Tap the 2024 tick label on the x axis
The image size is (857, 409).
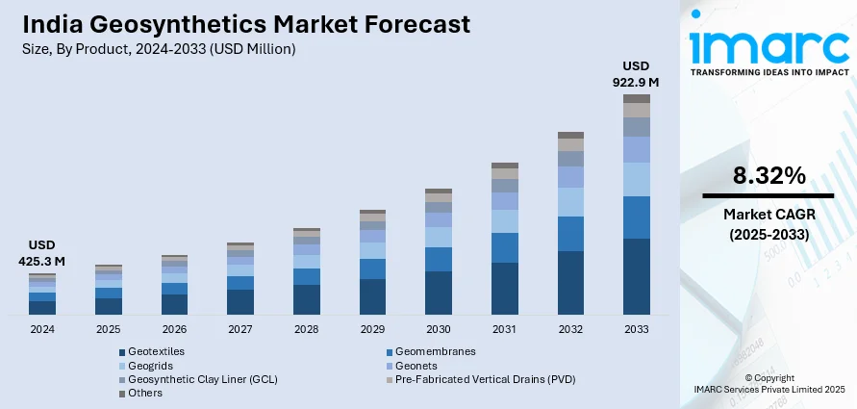pyautogui.click(x=42, y=329)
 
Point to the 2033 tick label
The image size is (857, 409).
pyautogui.click(x=637, y=329)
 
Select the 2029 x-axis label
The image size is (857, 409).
pyautogui.click(x=372, y=329)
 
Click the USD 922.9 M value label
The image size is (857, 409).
pyautogui.click(x=637, y=74)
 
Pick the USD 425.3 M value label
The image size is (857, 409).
pyautogui.click(x=42, y=252)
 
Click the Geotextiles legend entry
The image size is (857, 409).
pyautogui.click(x=156, y=352)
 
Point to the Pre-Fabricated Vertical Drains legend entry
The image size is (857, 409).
pyautogui.click(x=485, y=379)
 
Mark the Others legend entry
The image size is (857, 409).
pyautogui.click(x=145, y=393)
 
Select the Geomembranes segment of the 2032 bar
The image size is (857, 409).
pyautogui.click(x=570, y=234)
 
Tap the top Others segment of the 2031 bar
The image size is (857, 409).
pyautogui.click(x=505, y=166)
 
